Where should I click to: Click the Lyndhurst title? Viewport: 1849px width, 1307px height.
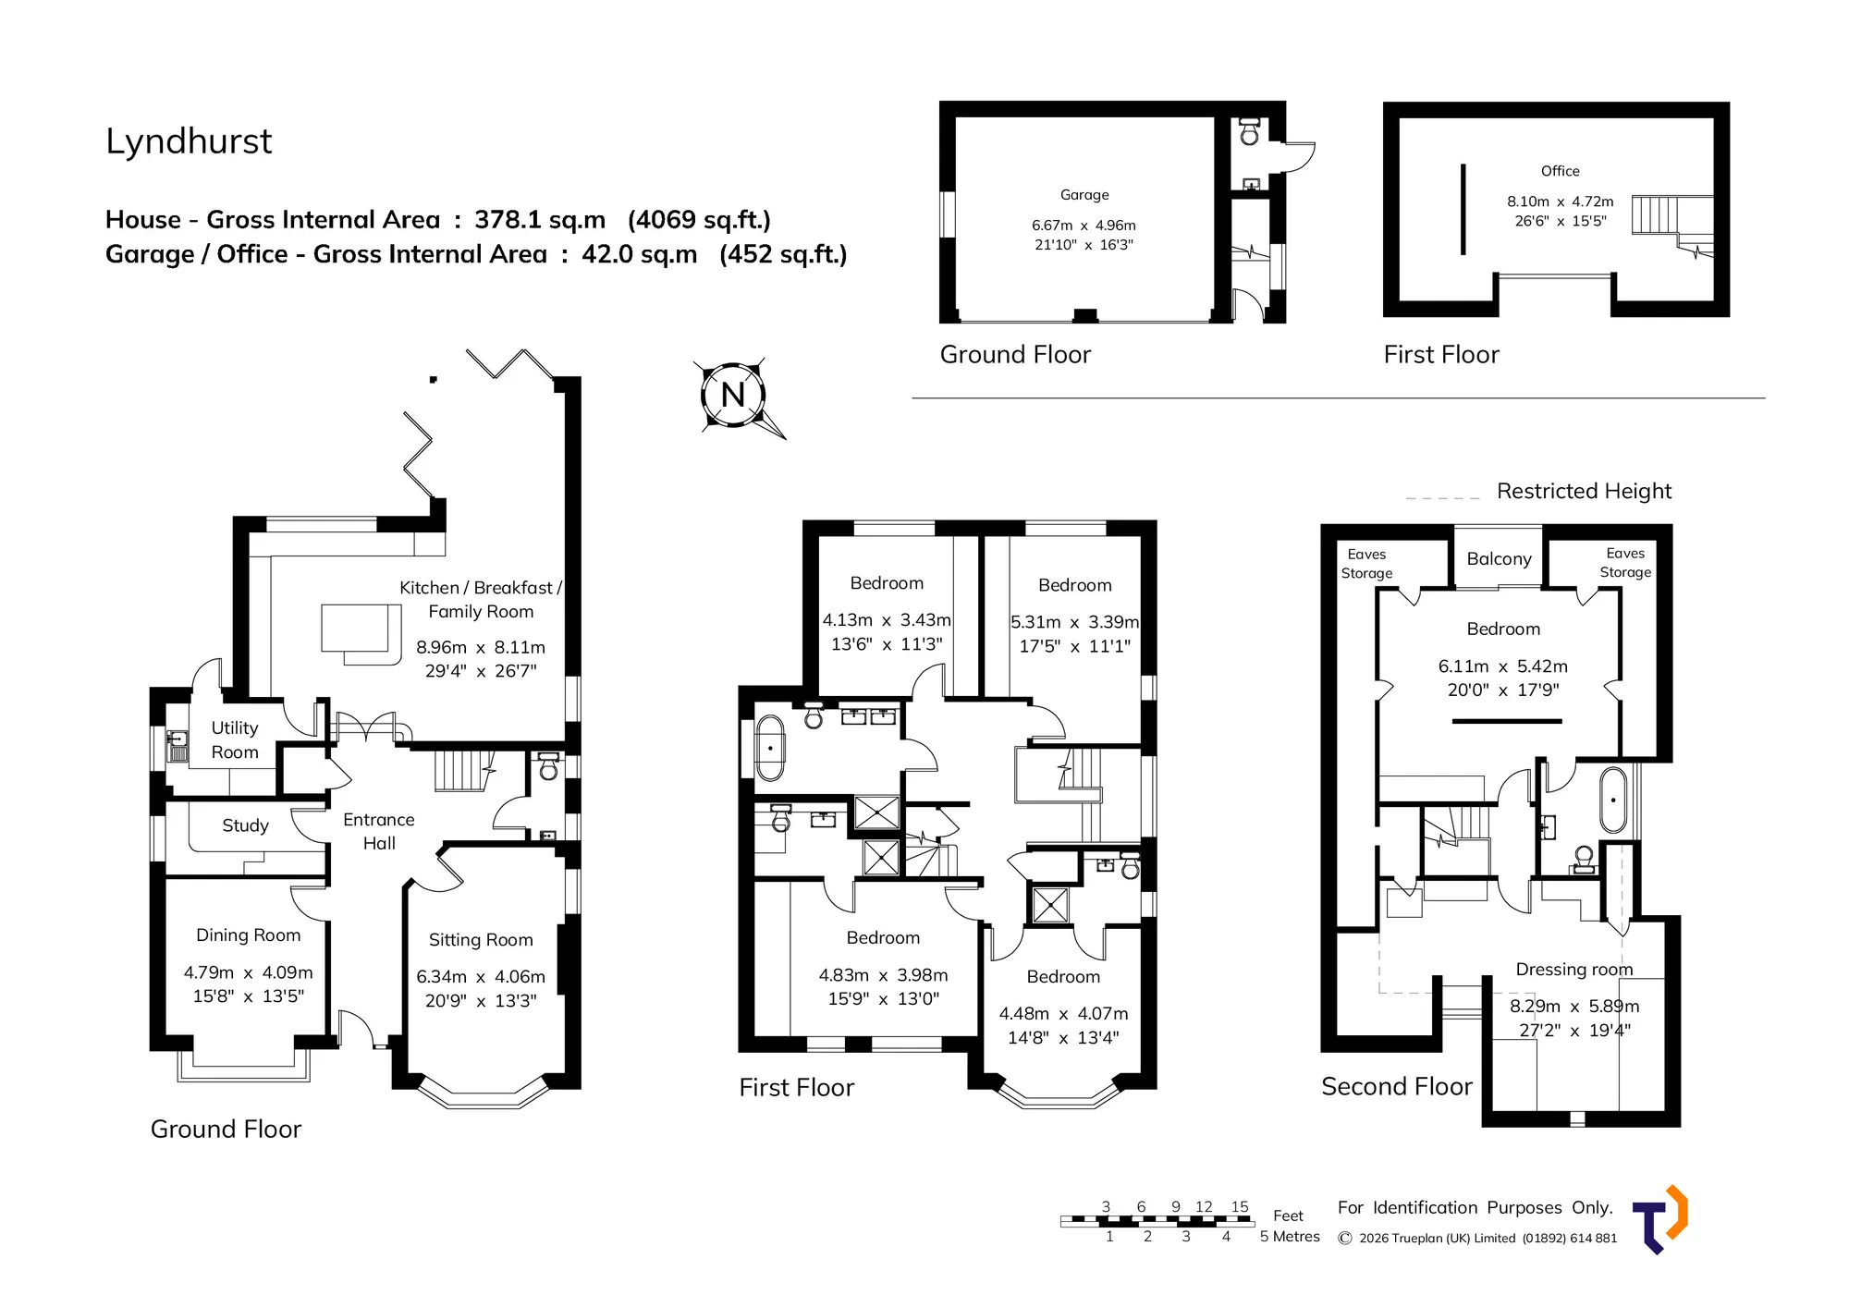tap(189, 141)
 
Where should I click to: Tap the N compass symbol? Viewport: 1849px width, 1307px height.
tap(734, 395)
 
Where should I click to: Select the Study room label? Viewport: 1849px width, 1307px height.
tap(245, 825)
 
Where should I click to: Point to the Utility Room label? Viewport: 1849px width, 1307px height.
tap(235, 740)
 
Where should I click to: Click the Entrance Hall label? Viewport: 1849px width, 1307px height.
tap(379, 831)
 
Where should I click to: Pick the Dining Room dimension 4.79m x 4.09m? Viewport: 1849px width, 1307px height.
tap(249, 972)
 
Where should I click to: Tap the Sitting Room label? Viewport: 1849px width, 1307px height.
tap(481, 940)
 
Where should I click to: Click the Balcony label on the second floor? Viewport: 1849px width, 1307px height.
tap(1499, 559)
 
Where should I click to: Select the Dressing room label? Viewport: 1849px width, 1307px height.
tap(1574, 970)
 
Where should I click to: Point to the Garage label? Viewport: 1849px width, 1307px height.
tap(1084, 195)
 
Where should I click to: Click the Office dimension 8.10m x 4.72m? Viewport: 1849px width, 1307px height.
tap(1561, 202)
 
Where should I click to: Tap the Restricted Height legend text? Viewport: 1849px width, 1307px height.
tap(1585, 491)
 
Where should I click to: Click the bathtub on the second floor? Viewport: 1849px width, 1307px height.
tap(1613, 800)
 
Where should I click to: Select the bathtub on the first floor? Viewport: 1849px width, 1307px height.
tap(770, 749)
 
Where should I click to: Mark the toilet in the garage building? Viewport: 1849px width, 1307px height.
tap(1250, 131)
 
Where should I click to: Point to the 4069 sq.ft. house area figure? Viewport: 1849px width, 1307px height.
tap(699, 220)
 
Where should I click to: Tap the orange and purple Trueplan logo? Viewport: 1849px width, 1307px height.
tap(1660, 1219)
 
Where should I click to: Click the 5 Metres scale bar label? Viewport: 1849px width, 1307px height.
tap(1290, 1237)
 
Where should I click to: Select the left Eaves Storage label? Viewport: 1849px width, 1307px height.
tap(1366, 564)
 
